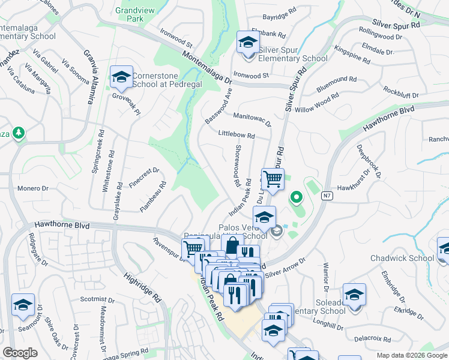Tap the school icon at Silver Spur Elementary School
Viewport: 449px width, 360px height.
(246, 43)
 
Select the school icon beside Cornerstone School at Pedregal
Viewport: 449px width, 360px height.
(121, 77)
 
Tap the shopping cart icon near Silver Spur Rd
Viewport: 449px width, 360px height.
(273, 179)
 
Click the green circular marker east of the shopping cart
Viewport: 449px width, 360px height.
(295, 197)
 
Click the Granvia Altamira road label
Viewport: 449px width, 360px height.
(89, 77)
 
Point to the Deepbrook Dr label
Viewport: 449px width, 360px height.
(369, 162)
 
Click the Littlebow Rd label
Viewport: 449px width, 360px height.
(237, 135)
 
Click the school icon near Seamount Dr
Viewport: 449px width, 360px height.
(23, 305)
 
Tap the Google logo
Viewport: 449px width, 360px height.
(20, 353)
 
